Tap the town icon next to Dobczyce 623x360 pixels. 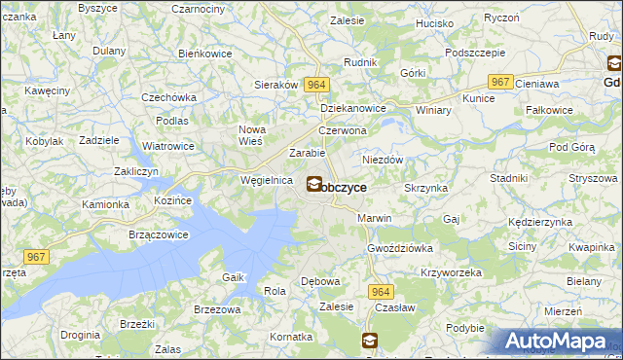point(315,182)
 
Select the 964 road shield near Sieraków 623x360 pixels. point(314,86)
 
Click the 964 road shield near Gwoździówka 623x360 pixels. point(381,291)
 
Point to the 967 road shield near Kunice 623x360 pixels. point(500,83)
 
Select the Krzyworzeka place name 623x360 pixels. point(451,272)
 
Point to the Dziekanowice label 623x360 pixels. point(353,109)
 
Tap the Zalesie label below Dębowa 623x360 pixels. point(337,306)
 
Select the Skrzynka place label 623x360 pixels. point(425,187)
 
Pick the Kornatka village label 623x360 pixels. point(291,336)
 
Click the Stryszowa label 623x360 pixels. point(588,178)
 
